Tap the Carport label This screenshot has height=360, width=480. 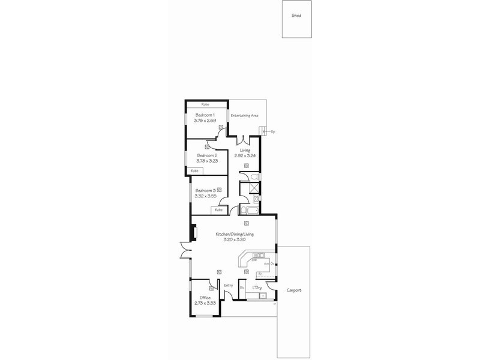(294, 290)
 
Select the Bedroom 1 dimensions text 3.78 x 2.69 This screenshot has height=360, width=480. (205, 120)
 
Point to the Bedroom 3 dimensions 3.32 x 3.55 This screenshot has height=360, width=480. (205, 196)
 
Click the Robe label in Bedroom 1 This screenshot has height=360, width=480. (205, 104)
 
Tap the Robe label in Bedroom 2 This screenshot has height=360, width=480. (194, 171)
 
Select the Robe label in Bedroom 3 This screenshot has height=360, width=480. (218, 210)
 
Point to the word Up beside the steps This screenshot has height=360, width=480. (273, 131)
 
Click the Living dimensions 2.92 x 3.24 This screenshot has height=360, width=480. (245, 155)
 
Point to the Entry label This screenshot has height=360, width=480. (228, 285)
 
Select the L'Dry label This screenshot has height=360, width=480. (257, 288)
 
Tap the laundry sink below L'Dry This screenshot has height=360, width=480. (262, 296)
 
